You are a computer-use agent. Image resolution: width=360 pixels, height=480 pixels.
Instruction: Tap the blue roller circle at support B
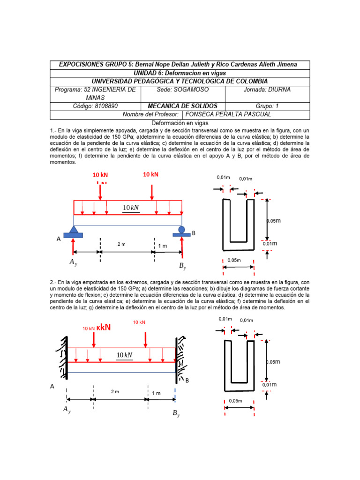pyautogui.click(x=182, y=229)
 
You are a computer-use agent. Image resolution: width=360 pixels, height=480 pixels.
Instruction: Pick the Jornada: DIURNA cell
pyautogui.click(x=267, y=89)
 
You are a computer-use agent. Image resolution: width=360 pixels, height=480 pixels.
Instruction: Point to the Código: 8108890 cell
pyautogui.click(x=96, y=106)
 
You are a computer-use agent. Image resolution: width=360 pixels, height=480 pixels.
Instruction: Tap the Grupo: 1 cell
pyautogui.click(x=267, y=106)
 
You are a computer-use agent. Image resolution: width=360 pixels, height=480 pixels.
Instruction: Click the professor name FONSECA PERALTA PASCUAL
pyautogui.click(x=229, y=114)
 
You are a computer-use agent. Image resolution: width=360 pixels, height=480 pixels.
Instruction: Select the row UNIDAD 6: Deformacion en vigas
pyautogui.click(x=180, y=73)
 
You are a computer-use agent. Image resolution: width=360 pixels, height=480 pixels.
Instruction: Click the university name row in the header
pyautogui.click(x=180, y=81)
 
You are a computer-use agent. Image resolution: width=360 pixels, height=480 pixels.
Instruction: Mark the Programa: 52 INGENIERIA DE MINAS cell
pyautogui.click(x=96, y=93)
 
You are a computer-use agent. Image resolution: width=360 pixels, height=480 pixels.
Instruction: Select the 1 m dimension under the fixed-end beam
pyautogui.click(x=156, y=393)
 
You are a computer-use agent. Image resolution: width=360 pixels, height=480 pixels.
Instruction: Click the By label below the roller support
pyautogui.click(x=182, y=266)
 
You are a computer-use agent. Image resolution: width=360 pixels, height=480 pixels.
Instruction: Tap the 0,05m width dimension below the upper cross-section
pyautogui.click(x=234, y=260)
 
